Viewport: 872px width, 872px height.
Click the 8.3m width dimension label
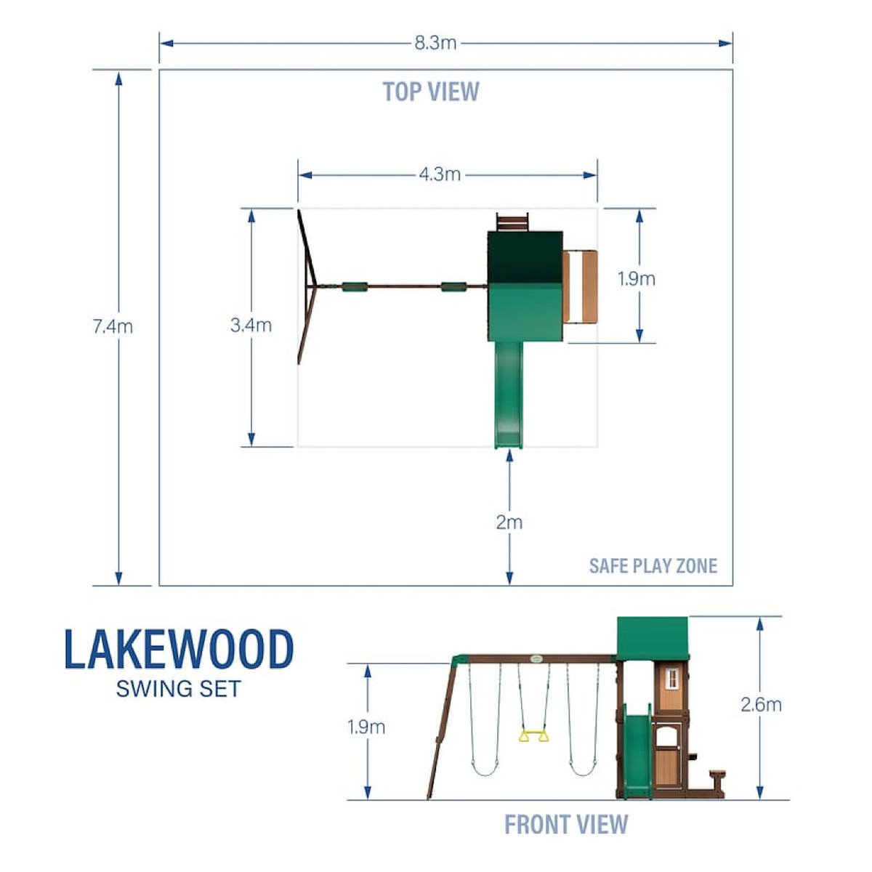435,44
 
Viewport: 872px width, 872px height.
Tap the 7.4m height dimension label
113,327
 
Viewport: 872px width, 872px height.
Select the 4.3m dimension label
440,174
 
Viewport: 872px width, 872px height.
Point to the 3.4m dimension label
251,325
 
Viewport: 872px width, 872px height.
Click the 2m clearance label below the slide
509,522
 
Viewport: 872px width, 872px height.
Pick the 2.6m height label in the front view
761,705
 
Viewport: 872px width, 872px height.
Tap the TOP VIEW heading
431,92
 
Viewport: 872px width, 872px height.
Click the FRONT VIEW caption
566,824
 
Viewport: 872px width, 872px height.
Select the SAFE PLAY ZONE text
653,565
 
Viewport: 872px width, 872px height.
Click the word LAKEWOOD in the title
179,650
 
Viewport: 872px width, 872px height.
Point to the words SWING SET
178,689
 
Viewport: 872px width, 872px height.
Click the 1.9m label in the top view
637,279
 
